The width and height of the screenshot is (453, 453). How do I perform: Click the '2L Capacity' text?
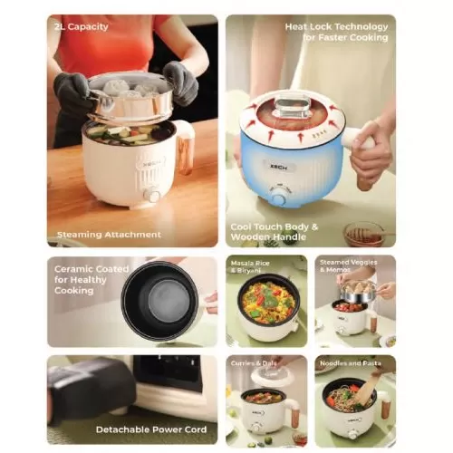[x=82, y=26]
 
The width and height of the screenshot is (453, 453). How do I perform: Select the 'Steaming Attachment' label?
[x=109, y=234]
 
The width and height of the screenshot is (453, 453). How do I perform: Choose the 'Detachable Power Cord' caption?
[x=151, y=429]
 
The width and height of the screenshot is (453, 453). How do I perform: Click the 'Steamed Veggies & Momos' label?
[x=353, y=266]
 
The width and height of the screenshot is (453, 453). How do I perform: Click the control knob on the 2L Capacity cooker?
[x=154, y=196]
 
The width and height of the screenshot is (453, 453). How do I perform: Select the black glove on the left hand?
[x=72, y=91]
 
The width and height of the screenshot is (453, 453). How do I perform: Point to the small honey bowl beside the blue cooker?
[x=362, y=233]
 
